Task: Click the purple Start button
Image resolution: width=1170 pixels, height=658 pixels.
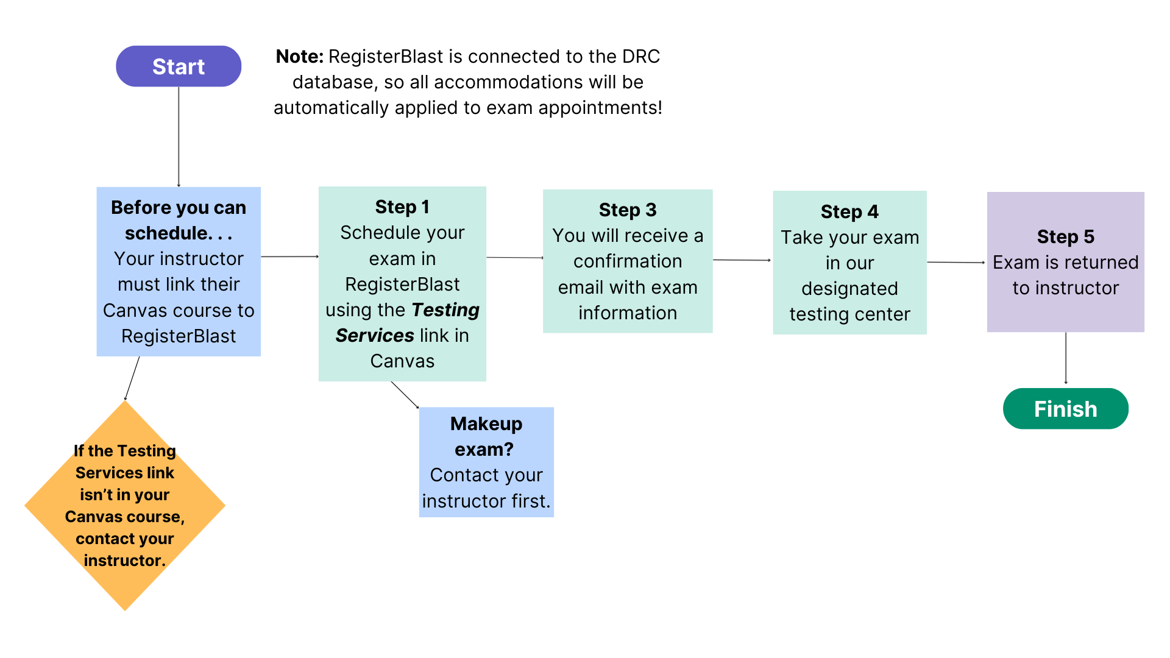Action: tap(179, 66)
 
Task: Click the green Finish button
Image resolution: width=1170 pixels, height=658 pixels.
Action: tap(1065, 409)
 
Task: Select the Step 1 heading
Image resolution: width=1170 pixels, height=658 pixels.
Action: tap(402, 207)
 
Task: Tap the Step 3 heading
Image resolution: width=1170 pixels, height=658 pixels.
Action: tap(628, 210)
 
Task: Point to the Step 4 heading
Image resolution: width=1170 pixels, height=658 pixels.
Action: tap(849, 212)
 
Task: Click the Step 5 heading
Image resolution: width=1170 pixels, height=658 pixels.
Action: tap(1065, 236)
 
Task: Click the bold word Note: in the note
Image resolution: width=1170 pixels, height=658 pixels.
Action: tap(299, 57)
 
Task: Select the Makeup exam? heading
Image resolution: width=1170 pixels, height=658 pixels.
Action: tap(486, 436)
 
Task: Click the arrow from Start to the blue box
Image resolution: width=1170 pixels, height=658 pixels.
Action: tap(179, 137)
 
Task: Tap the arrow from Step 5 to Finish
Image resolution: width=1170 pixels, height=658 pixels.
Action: tap(1066, 358)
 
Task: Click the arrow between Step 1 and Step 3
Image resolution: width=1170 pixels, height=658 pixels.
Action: tap(515, 258)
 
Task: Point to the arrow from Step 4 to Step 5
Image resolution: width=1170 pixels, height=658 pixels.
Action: tap(956, 263)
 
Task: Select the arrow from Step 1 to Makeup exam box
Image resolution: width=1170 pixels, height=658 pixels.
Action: tap(405, 395)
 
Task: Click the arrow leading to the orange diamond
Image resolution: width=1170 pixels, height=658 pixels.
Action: tap(132, 378)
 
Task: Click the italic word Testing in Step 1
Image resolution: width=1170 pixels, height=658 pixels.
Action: tap(445, 310)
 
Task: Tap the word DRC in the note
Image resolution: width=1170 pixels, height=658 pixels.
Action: tap(640, 57)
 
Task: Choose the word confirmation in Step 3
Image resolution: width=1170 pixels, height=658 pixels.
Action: tap(628, 261)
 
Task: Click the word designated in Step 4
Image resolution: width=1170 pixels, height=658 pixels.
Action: tap(849, 289)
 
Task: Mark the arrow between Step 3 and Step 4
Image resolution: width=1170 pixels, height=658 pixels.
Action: tap(742, 260)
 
